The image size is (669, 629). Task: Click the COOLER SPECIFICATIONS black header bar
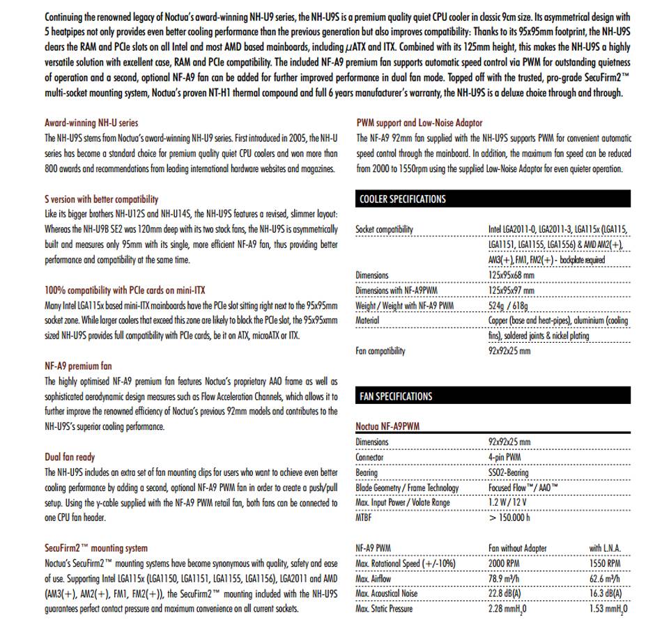(493, 199)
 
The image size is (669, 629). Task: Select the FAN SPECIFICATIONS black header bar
(493, 396)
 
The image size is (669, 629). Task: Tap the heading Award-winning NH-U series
(91, 123)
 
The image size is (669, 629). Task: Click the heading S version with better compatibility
(101, 199)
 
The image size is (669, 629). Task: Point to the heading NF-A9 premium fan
(78, 366)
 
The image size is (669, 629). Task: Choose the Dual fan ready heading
(70, 457)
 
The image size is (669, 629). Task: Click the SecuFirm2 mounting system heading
(96, 548)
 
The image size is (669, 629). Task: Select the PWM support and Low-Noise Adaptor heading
(419, 123)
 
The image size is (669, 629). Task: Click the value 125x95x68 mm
(512, 275)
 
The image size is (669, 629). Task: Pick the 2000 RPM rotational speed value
(506, 563)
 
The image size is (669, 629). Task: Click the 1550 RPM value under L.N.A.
(604, 563)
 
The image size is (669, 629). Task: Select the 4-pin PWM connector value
(505, 458)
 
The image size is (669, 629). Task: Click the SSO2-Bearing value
(509, 473)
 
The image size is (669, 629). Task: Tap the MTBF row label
(365, 518)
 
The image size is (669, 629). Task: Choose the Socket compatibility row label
(384, 229)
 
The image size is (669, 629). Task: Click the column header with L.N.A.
(604, 548)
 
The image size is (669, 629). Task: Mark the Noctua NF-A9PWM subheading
(387, 426)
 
